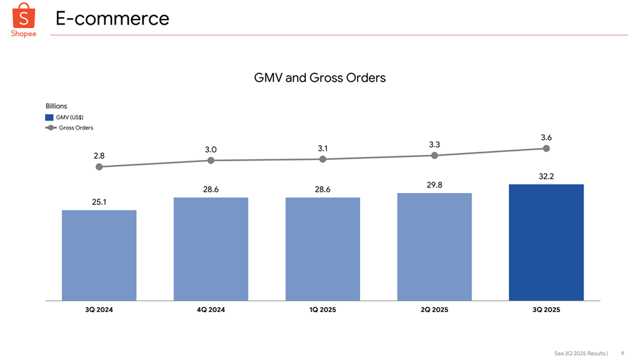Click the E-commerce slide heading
[x=113, y=18]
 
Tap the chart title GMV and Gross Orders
[x=319, y=77]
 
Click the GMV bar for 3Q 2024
[x=99, y=255]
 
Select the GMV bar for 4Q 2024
[x=211, y=249]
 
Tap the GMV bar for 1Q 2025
[x=323, y=249]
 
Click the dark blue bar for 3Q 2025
[x=546, y=242]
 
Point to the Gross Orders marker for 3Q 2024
[x=99, y=167]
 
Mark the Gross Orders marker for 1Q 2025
[x=323, y=159]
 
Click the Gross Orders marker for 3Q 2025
[x=546, y=149]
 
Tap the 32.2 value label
[x=546, y=176]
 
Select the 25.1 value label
[x=99, y=202]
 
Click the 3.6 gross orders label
[x=546, y=137]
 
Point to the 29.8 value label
[x=434, y=185]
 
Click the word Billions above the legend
[x=56, y=106]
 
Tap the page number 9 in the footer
[x=622, y=352]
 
